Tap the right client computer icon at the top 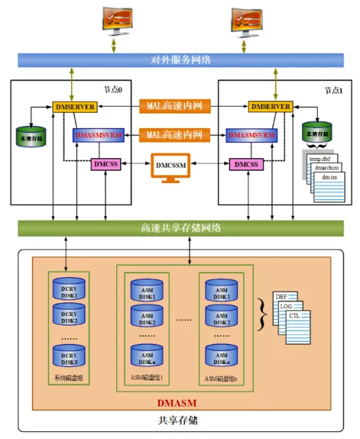point(246,21)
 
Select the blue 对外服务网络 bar point(180,60)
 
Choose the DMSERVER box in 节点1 point(270,107)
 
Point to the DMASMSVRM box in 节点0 point(99,134)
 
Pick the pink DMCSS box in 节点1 point(245,164)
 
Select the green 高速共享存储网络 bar point(180,228)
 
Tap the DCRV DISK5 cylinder point(69,354)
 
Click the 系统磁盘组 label point(69,378)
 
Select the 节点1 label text point(333,91)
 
